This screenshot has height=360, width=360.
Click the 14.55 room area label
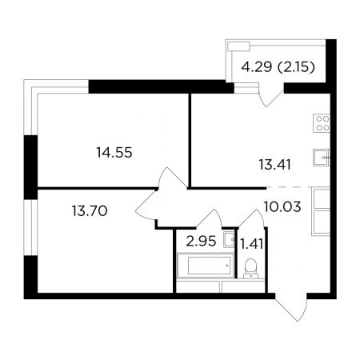tap(114, 153)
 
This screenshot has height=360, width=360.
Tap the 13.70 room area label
tap(90, 210)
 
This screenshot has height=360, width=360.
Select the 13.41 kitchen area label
tap(274, 165)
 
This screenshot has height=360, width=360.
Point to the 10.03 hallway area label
tap(282, 206)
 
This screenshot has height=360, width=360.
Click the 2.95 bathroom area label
tap(201, 242)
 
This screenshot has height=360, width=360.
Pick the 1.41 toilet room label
tap(252, 244)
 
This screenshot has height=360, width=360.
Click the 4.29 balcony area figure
tap(257, 67)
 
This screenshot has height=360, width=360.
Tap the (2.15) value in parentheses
tap(296, 67)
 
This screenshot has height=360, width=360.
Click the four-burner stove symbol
tap(322, 123)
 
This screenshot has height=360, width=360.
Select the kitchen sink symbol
tap(322, 158)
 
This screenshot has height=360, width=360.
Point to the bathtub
tap(206, 266)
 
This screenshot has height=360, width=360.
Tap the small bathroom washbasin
tap(229, 238)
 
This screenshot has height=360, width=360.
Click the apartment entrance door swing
tap(292, 306)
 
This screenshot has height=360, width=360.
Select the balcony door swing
tap(270, 95)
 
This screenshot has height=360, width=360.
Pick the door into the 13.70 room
tap(146, 206)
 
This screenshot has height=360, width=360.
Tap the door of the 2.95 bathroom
tap(210, 218)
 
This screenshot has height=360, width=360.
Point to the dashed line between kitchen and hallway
tap(298, 187)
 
